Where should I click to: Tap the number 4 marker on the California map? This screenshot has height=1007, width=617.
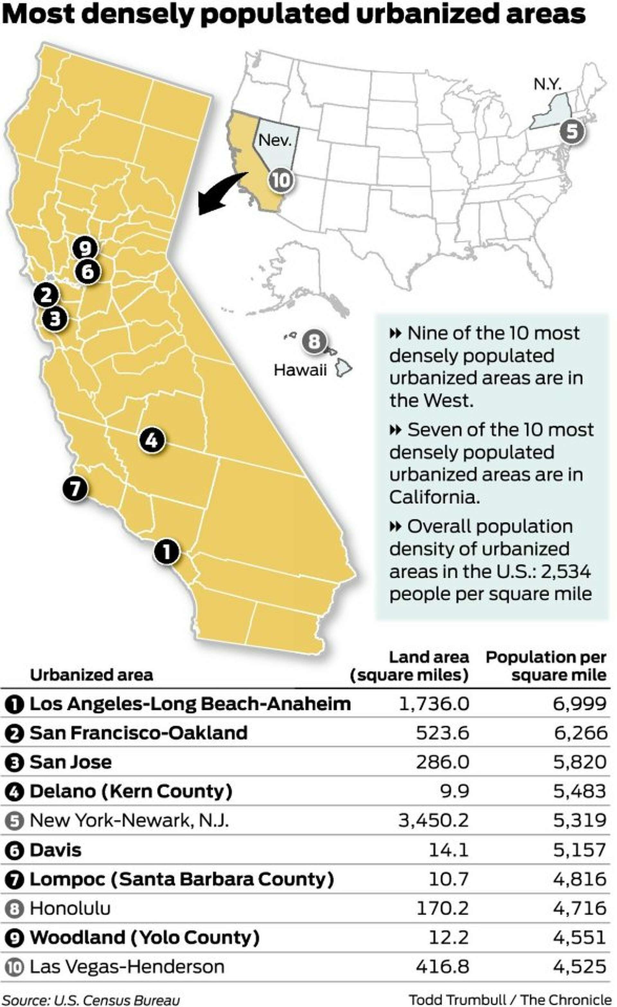tap(152, 440)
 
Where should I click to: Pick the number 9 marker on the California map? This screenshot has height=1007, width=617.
tap(85, 248)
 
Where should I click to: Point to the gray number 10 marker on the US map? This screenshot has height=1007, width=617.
tap(281, 180)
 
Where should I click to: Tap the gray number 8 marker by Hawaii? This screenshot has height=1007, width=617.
tap(314, 341)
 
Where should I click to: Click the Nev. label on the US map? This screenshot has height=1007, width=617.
tap(275, 140)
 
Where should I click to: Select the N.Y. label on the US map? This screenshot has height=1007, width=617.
tap(547, 84)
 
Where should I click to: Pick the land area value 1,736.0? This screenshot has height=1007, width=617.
tap(434, 704)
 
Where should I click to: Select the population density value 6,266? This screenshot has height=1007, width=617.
tap(580, 733)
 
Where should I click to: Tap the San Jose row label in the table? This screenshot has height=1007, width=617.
tap(70, 762)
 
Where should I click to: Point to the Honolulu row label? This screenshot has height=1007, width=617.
tap(70, 908)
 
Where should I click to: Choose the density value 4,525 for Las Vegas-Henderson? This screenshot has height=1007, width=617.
tap(579, 967)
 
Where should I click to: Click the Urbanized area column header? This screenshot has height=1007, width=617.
tap(91, 675)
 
